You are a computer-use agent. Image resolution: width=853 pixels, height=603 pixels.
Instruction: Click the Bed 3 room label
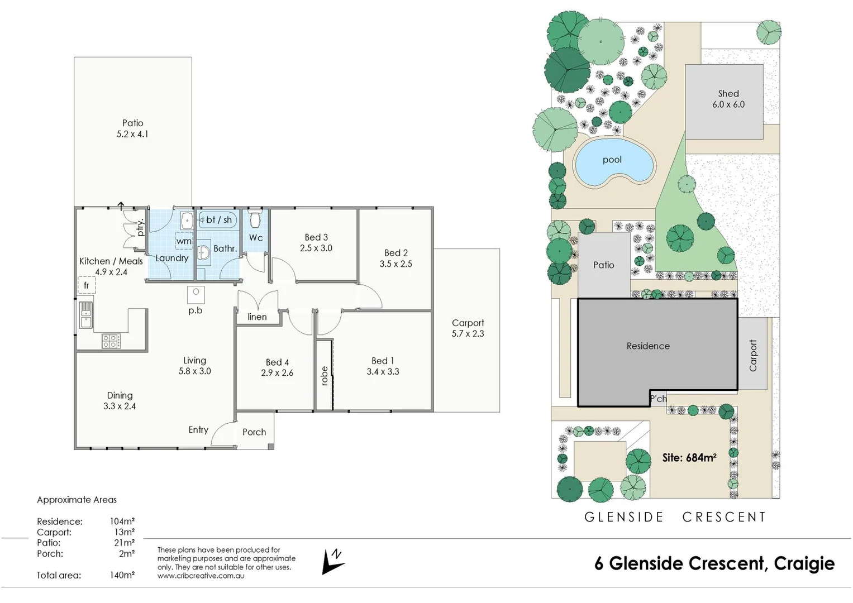[316, 237]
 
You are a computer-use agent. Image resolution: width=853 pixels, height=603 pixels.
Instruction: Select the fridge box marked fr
[87, 285]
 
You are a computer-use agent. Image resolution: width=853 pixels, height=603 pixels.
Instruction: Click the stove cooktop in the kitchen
[111, 341]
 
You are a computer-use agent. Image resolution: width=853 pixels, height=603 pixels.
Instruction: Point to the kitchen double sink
[85, 315]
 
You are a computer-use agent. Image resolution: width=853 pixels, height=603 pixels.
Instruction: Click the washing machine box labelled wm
[184, 241]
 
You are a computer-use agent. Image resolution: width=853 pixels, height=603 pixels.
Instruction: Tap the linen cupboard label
[257, 317]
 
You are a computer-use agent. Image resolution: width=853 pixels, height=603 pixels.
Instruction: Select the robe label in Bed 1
[325, 376]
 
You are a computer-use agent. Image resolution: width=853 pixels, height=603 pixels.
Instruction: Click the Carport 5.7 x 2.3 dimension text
[468, 334]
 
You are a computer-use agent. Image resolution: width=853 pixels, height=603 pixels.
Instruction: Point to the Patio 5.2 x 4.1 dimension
[132, 134]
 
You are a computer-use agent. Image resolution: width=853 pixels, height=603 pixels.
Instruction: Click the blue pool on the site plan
[613, 162]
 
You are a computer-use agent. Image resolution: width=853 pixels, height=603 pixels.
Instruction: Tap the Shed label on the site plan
[728, 94]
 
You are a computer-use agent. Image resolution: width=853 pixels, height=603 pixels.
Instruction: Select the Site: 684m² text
[689, 458]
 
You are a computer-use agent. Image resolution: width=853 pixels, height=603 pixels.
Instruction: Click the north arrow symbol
[333, 561]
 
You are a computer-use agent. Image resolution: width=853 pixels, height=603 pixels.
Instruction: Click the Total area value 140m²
[122, 575]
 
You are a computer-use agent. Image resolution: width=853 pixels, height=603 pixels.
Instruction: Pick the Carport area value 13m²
[124, 532]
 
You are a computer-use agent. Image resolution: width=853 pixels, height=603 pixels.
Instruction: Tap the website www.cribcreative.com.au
[201, 576]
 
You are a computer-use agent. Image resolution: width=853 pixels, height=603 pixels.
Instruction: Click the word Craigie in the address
[804, 564]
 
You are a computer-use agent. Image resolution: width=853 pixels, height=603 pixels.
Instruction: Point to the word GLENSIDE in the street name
[624, 518]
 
